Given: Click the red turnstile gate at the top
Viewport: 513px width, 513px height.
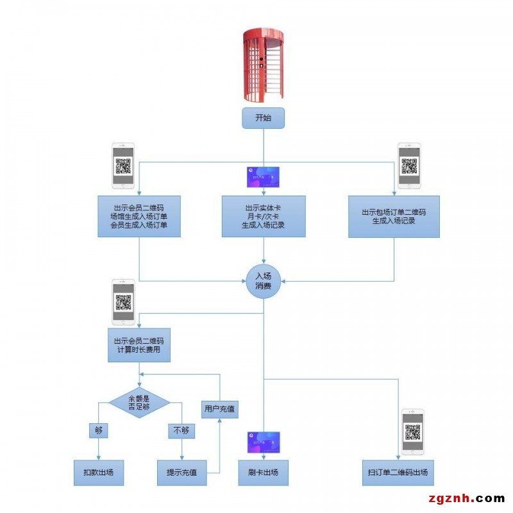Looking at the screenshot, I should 263,65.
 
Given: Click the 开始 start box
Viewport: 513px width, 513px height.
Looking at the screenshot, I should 263,118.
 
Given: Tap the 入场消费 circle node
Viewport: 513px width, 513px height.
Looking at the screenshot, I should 263,281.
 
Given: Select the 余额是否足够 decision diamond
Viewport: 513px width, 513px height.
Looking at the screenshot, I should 139,403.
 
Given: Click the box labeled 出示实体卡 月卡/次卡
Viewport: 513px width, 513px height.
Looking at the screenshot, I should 263,216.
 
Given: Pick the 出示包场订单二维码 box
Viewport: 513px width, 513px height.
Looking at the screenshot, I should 394,216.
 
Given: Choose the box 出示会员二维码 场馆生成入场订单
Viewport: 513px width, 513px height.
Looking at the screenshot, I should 139,216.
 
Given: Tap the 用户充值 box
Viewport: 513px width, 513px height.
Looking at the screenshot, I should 219,408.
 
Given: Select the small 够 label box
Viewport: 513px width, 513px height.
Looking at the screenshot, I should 98,430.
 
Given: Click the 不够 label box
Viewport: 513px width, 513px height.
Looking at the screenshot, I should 181,430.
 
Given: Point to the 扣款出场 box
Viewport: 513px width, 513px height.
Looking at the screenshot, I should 98,473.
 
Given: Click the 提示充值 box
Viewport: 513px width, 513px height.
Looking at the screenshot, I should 181,473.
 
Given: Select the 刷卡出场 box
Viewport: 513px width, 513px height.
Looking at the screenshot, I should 263,473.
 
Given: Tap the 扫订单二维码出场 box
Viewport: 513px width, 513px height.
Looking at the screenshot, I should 397,473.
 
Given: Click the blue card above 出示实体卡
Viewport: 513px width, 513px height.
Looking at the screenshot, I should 263,177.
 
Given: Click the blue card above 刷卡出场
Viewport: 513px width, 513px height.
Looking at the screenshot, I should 264,442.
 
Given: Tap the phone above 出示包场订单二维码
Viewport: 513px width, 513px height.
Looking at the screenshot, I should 408,165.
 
